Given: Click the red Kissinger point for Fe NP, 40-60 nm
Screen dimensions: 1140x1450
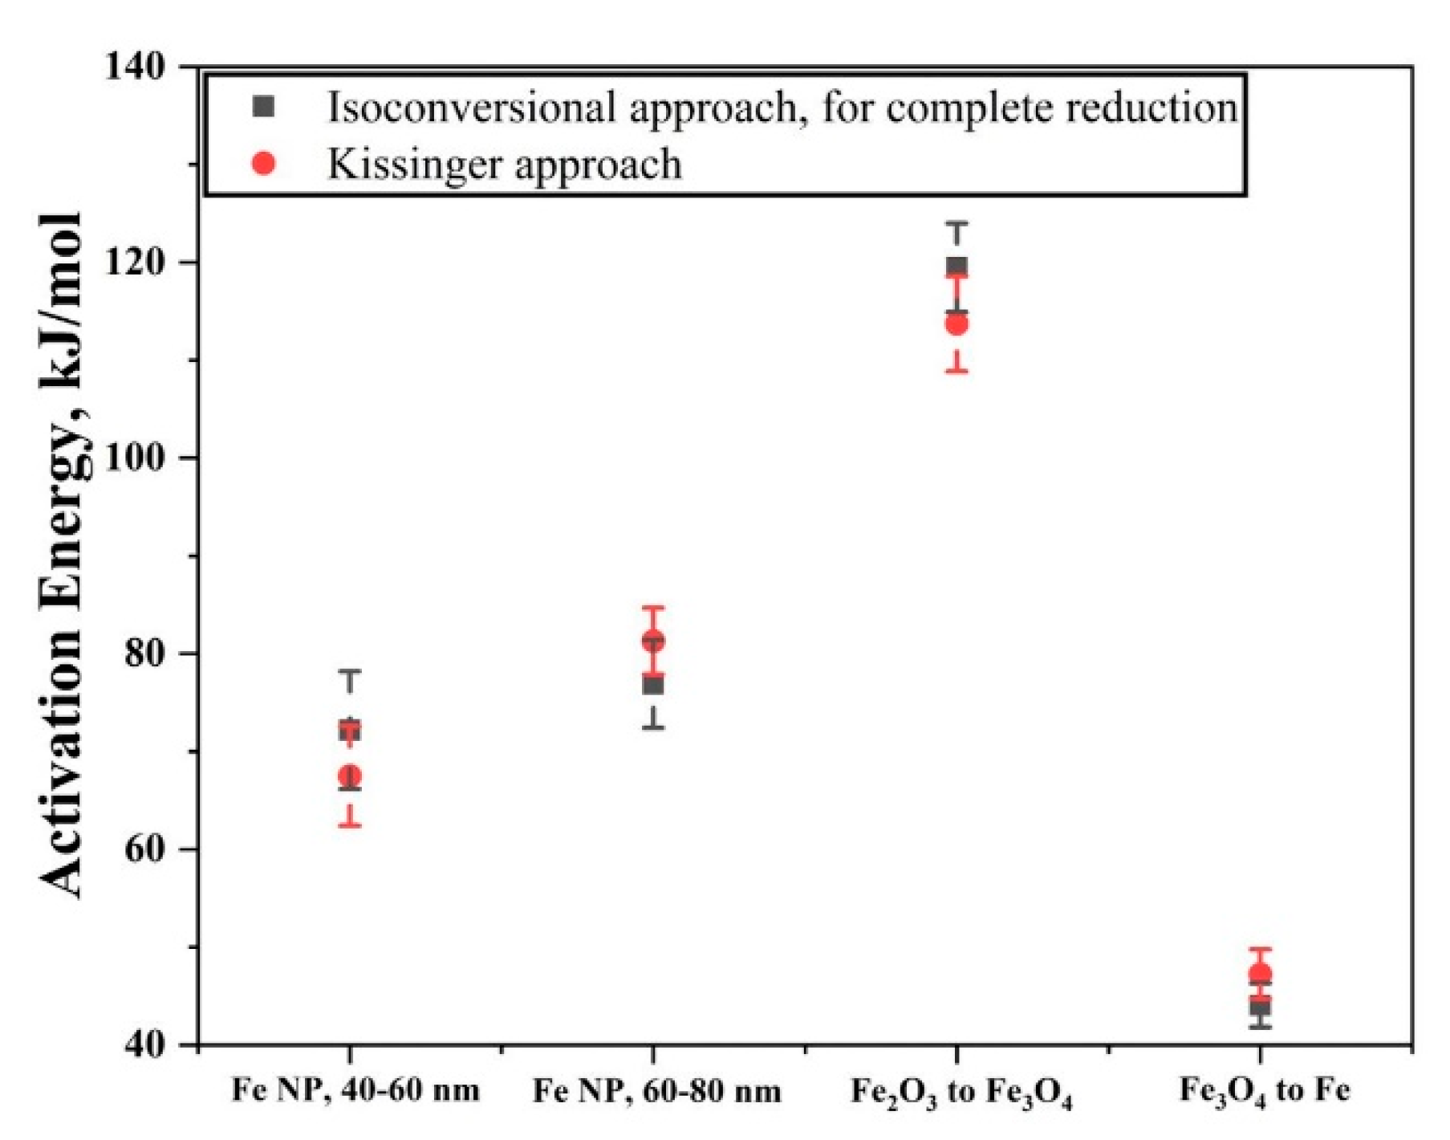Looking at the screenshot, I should (x=350, y=776).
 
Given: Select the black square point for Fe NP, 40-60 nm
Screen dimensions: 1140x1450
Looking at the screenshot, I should (x=350, y=731).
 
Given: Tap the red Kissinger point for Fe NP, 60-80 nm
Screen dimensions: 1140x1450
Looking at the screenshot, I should (x=653, y=641).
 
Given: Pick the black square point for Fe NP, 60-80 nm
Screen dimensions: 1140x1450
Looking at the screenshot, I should (x=653, y=685).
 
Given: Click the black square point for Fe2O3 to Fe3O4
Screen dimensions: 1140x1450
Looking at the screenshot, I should (x=957, y=266).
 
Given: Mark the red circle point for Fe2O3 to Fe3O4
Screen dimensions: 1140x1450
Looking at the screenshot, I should (x=957, y=324).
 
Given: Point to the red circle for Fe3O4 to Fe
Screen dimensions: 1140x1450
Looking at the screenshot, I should (x=1260, y=975).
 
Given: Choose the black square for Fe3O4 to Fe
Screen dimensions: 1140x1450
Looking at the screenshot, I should (x=1260, y=1007).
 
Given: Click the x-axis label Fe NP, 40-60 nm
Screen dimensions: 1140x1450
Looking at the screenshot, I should (x=355, y=1090).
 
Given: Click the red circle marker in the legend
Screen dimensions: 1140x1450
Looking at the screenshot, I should (x=264, y=164).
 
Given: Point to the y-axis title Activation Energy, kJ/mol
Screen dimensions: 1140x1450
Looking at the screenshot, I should (x=63, y=554).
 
